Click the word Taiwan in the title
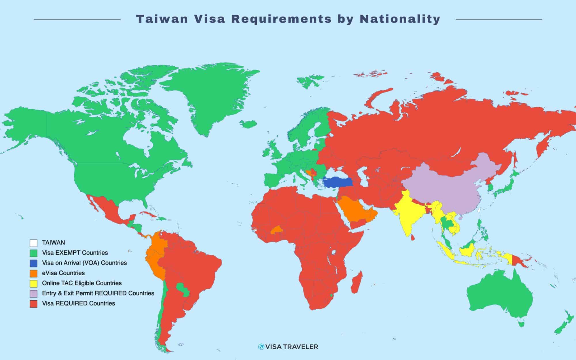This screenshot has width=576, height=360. pos(162,19)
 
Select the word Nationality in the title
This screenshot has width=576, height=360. pos(400,19)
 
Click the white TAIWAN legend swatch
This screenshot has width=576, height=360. pos(33,243)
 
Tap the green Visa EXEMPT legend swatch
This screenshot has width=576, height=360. pos(33,253)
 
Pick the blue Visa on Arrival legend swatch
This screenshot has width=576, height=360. pos(33,263)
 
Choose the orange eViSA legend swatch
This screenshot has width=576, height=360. pos(33,273)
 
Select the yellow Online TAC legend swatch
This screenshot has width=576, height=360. pos(33,283)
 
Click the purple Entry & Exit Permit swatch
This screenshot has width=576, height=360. pos(33,293)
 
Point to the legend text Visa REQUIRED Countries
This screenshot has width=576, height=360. pos(78,303)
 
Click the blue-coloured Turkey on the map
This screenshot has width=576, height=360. pos(337,182)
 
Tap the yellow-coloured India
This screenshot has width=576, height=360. pos(409,213)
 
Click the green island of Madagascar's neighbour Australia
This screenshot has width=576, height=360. pos(498,297)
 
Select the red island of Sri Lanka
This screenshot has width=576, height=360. pos(412,238)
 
